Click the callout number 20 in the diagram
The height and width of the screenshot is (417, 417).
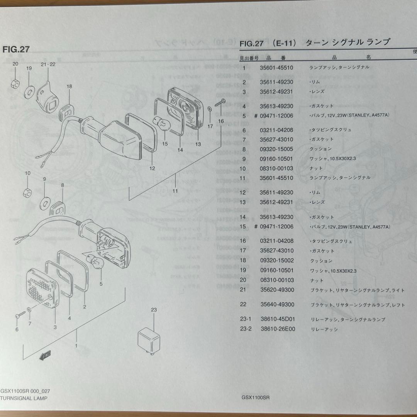click(x=15, y=64)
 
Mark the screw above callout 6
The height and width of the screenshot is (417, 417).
click(x=18, y=316)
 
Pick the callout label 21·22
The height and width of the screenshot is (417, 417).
click(x=48, y=64)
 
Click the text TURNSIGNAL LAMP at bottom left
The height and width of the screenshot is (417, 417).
click(x=24, y=398)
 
